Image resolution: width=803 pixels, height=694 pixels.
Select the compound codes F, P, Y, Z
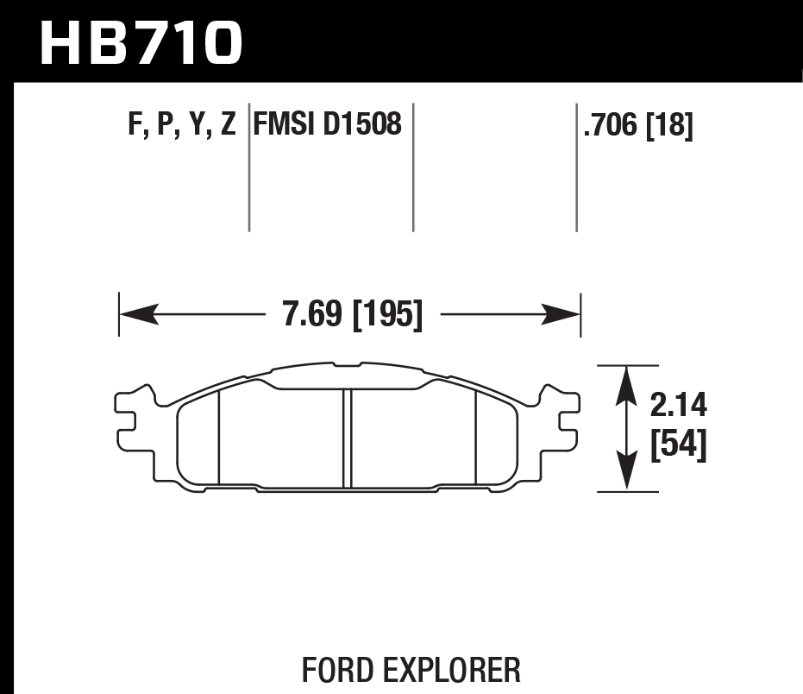point(181,126)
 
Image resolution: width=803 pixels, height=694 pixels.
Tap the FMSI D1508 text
point(328,124)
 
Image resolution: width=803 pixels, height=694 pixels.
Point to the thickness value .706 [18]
point(638,126)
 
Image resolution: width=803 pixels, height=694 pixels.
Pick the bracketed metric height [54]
point(678,445)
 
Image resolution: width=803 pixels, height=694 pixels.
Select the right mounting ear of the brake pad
point(569,419)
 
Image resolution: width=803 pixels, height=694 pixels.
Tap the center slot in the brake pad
point(348,438)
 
